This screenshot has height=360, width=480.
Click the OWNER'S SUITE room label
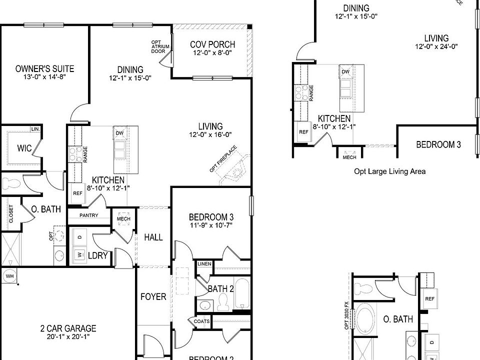[45, 68]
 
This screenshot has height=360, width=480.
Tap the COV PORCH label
[212, 44]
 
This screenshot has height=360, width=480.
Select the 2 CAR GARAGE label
[68, 328]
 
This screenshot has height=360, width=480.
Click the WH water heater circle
[9, 276]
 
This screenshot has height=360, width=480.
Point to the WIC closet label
[24, 148]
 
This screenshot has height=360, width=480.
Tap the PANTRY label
[88, 215]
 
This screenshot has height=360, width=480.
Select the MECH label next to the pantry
[123, 219]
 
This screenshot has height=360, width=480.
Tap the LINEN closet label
[204, 263]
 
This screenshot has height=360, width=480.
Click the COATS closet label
[201, 321]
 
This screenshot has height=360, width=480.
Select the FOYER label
[153, 297]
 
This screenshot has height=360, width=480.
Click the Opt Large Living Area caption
[390, 171]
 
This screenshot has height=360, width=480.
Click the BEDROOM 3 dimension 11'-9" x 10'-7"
[211, 225]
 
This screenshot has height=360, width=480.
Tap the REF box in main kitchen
[77, 193]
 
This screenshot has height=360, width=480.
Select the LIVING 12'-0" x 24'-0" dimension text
[436, 46]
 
